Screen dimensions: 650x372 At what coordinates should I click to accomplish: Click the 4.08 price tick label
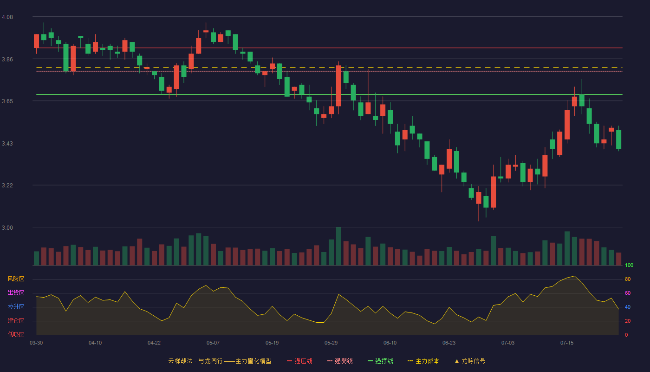click(7, 17)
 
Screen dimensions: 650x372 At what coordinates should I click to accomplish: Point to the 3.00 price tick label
click(7, 227)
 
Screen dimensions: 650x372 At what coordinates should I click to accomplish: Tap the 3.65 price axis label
click(7, 101)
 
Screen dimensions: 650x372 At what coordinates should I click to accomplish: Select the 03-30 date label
click(36, 343)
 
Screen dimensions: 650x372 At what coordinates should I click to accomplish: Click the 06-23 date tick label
click(449, 343)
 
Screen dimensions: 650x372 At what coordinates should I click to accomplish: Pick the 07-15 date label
click(567, 343)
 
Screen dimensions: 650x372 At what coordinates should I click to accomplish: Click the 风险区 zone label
click(16, 279)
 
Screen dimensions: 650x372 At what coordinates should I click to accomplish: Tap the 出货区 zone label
click(16, 292)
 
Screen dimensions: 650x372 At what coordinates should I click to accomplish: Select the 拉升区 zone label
click(16, 306)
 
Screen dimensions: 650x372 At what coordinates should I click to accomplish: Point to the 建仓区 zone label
click(16, 320)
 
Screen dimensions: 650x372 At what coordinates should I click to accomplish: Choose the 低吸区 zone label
click(16, 334)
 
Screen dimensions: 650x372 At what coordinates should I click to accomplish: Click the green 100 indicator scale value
click(629, 265)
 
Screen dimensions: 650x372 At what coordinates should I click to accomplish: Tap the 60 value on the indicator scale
click(628, 293)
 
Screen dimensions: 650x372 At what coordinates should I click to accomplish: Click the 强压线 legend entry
click(299, 361)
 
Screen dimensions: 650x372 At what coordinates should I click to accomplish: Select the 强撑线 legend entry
click(380, 361)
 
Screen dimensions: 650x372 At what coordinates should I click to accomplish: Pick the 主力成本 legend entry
click(423, 361)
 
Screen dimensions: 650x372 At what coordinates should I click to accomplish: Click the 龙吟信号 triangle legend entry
click(470, 361)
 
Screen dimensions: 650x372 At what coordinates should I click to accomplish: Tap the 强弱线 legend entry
click(340, 361)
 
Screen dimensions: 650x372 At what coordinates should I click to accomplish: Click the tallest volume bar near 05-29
click(338, 246)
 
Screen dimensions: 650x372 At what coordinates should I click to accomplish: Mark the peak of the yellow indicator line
click(574, 276)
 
